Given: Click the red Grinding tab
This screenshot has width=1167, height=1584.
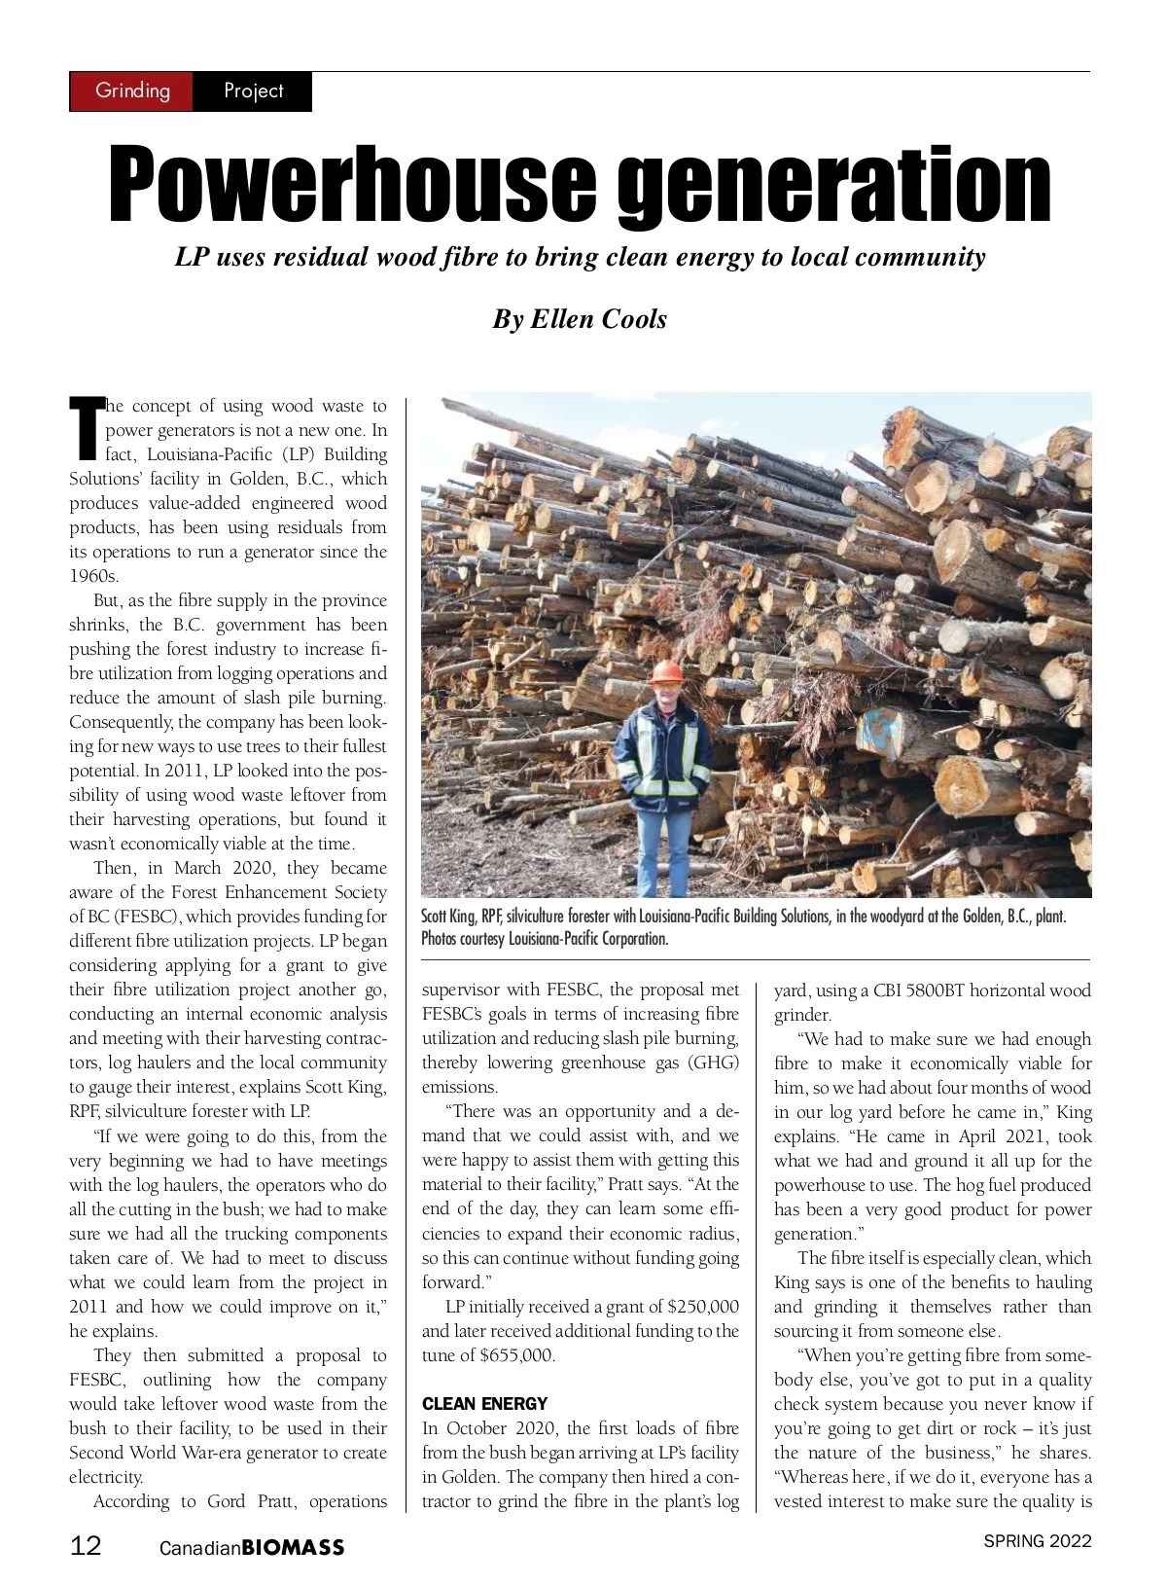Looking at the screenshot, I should coord(132,91).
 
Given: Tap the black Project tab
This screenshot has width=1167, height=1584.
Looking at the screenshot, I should coord(253,91).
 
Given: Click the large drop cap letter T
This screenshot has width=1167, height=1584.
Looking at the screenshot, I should coord(86,428).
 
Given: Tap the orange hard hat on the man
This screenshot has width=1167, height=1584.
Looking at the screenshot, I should coord(667,672).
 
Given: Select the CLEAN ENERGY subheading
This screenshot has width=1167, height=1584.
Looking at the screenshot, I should coord(484,1404).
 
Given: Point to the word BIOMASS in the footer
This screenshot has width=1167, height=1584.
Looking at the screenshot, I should coord(293,1548).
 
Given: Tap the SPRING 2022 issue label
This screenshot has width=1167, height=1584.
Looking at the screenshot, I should coord(1037,1541).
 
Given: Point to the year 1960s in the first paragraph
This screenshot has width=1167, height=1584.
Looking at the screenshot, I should coord(93,576).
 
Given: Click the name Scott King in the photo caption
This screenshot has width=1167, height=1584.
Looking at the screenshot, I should coord(448,917).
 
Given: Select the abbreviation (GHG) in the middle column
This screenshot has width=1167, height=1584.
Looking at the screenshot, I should coord(715,1062).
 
